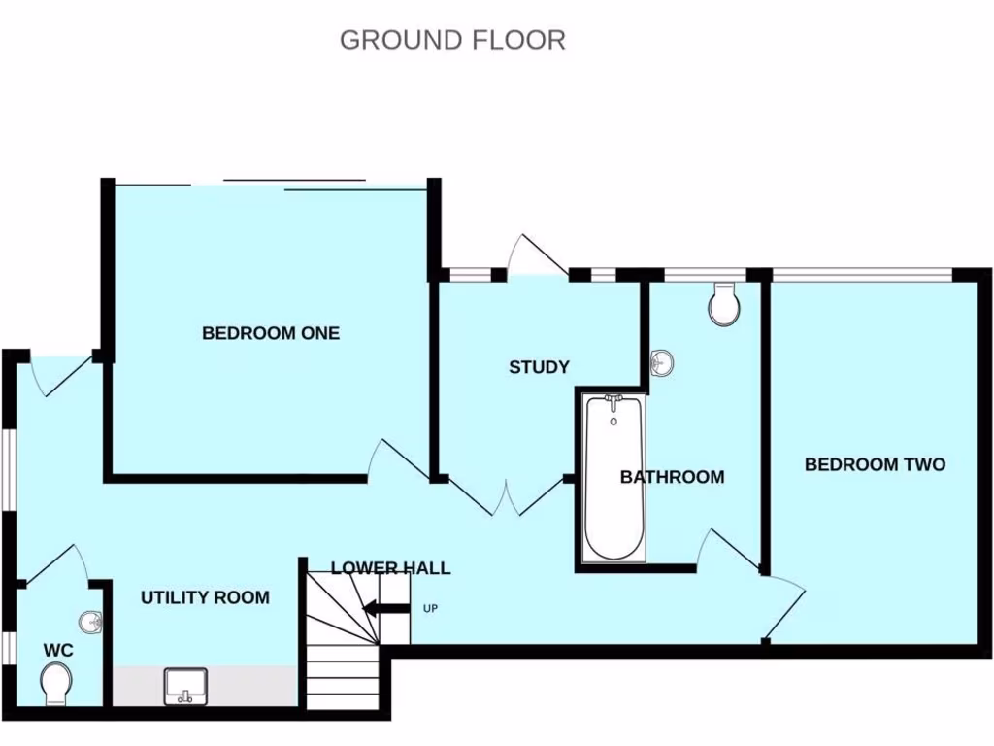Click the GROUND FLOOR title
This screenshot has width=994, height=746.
(452, 40)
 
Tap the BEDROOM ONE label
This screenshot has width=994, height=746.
(271, 333)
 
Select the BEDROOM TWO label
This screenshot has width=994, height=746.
(875, 464)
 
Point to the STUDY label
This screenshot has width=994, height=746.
(539, 367)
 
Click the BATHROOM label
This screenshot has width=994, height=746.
(672, 477)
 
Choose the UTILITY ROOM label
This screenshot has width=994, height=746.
(205, 597)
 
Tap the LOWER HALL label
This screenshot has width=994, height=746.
(390, 568)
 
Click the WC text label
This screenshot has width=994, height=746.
(58, 649)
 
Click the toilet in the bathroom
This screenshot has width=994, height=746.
(724, 305)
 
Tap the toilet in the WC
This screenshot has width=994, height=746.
(57, 682)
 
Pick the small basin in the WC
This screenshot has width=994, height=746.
(90, 622)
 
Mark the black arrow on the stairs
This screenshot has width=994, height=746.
(385, 609)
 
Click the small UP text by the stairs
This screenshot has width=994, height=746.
(431, 609)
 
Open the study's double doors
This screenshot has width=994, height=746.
(505, 497)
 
